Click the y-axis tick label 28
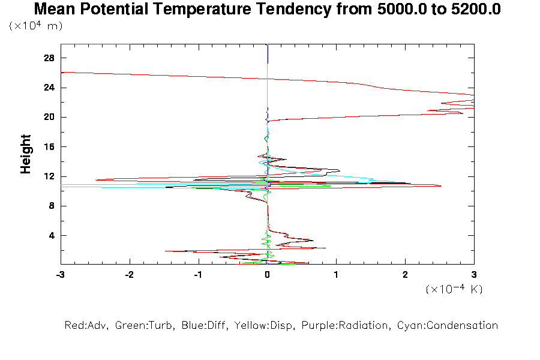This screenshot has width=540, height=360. point(50,58)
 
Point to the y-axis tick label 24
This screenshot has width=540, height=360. point(50,88)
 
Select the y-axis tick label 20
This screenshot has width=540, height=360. point(50,117)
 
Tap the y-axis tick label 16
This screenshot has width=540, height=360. point(50,146)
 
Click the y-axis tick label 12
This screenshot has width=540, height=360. point(50,176)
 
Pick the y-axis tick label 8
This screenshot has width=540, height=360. point(52,206)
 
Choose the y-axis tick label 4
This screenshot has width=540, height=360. point(52,235)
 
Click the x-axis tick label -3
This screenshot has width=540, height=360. point(60,274)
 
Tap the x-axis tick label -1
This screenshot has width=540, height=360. point(198,274)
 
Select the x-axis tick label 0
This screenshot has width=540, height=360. point(267,274)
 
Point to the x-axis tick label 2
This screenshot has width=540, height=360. point(405,274)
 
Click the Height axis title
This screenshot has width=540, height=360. point(26,154)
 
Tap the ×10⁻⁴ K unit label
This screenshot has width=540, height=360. point(454,289)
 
